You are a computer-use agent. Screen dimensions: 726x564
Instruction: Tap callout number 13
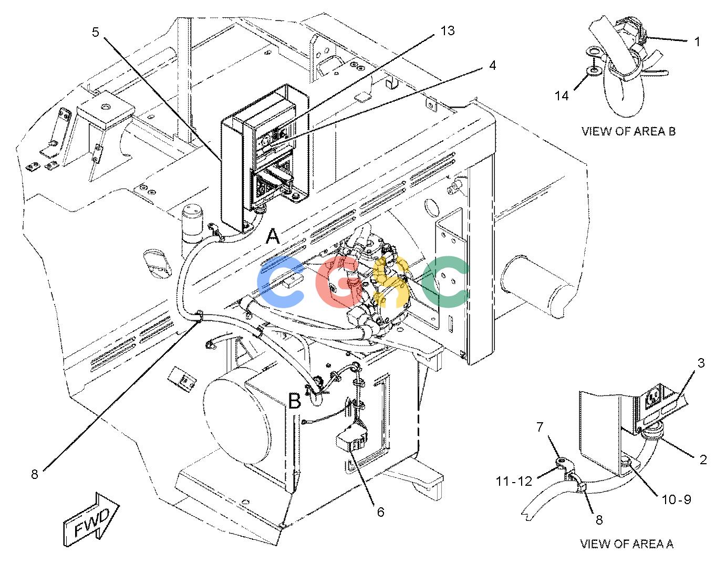(x=448, y=31)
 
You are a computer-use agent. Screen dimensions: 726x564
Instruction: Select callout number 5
(x=96, y=33)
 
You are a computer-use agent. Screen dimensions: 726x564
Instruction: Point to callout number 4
(x=492, y=66)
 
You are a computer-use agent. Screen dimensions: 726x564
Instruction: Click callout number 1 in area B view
(x=697, y=42)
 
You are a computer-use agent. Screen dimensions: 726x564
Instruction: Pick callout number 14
(x=562, y=96)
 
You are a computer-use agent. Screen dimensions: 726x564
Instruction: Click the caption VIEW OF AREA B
(x=628, y=131)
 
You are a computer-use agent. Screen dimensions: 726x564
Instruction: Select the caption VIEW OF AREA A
(x=627, y=544)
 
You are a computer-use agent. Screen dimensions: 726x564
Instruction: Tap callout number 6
(x=380, y=512)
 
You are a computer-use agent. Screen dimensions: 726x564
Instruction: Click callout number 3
(x=701, y=363)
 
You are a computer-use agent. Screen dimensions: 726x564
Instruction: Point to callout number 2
(x=703, y=460)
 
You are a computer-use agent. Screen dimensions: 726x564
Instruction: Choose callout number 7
(x=540, y=427)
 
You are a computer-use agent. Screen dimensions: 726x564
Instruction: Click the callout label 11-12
(x=514, y=481)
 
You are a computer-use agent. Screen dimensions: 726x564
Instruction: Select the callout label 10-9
(x=677, y=499)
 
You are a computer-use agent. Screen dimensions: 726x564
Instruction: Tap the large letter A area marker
(x=273, y=236)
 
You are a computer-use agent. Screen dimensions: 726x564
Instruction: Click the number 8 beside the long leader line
(x=35, y=474)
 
